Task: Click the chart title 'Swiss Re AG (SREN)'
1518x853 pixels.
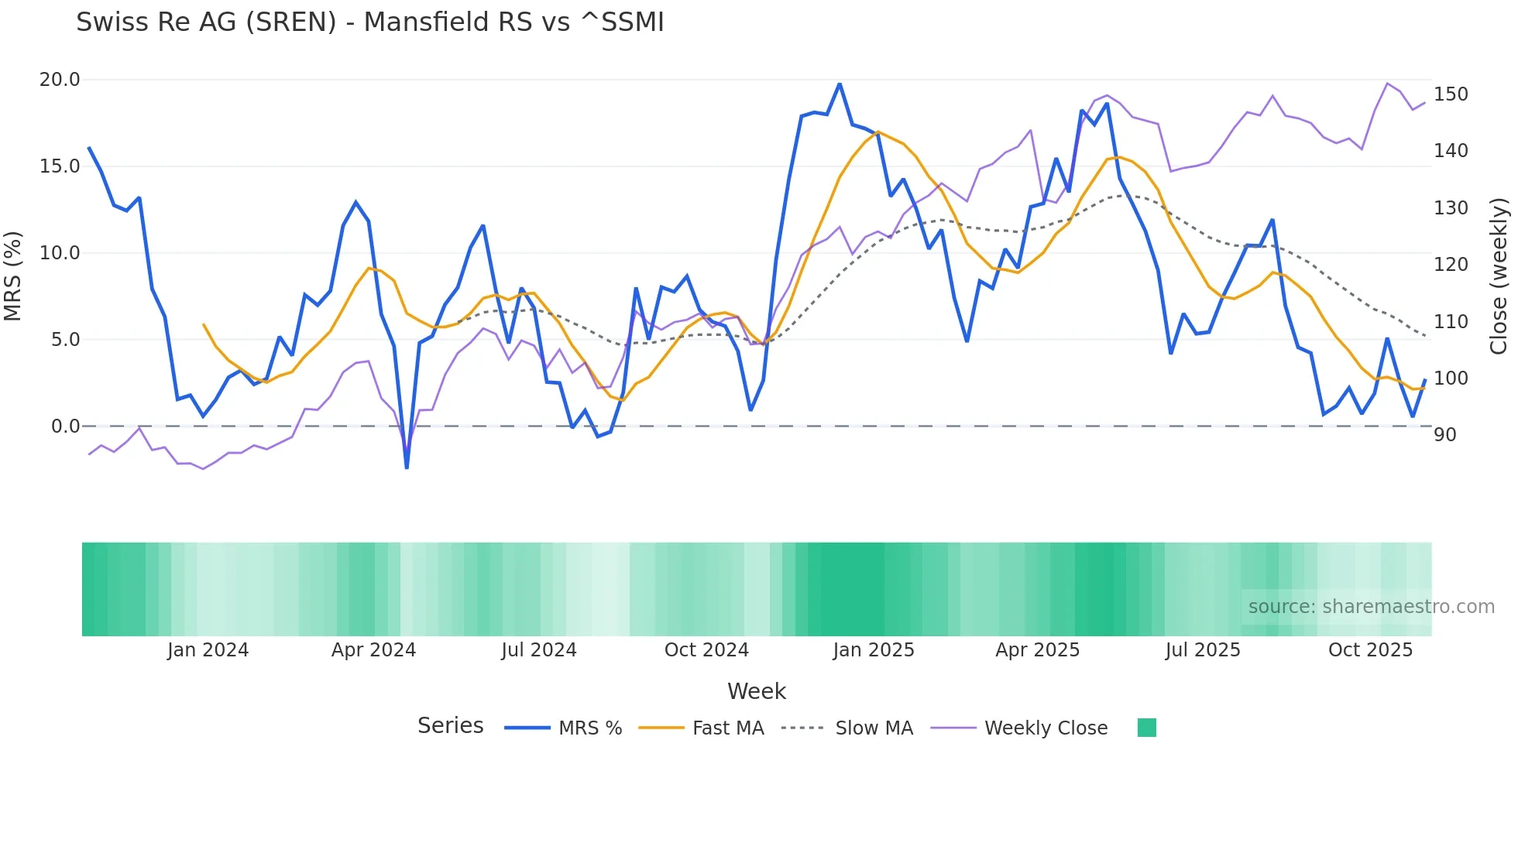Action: [369, 22]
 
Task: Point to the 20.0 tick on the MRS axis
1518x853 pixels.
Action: [60, 80]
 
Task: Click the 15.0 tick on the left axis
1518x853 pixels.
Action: [60, 166]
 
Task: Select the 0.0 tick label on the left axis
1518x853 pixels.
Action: [65, 426]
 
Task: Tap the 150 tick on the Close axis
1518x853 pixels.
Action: [1451, 94]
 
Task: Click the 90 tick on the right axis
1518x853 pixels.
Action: [1444, 435]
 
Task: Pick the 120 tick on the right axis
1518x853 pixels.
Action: [1451, 265]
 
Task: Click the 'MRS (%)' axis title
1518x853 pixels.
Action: [13, 276]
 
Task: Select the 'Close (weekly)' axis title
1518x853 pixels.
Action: [1499, 276]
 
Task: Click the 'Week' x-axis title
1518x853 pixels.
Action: [757, 691]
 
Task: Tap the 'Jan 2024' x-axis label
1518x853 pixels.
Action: [208, 650]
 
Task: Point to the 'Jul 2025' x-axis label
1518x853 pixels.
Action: [1203, 650]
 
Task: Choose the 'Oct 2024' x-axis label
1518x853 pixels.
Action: [706, 650]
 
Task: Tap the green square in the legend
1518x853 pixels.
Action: [1147, 728]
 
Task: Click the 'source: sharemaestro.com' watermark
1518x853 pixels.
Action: [1371, 607]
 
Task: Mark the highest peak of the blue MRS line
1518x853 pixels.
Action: [840, 84]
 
